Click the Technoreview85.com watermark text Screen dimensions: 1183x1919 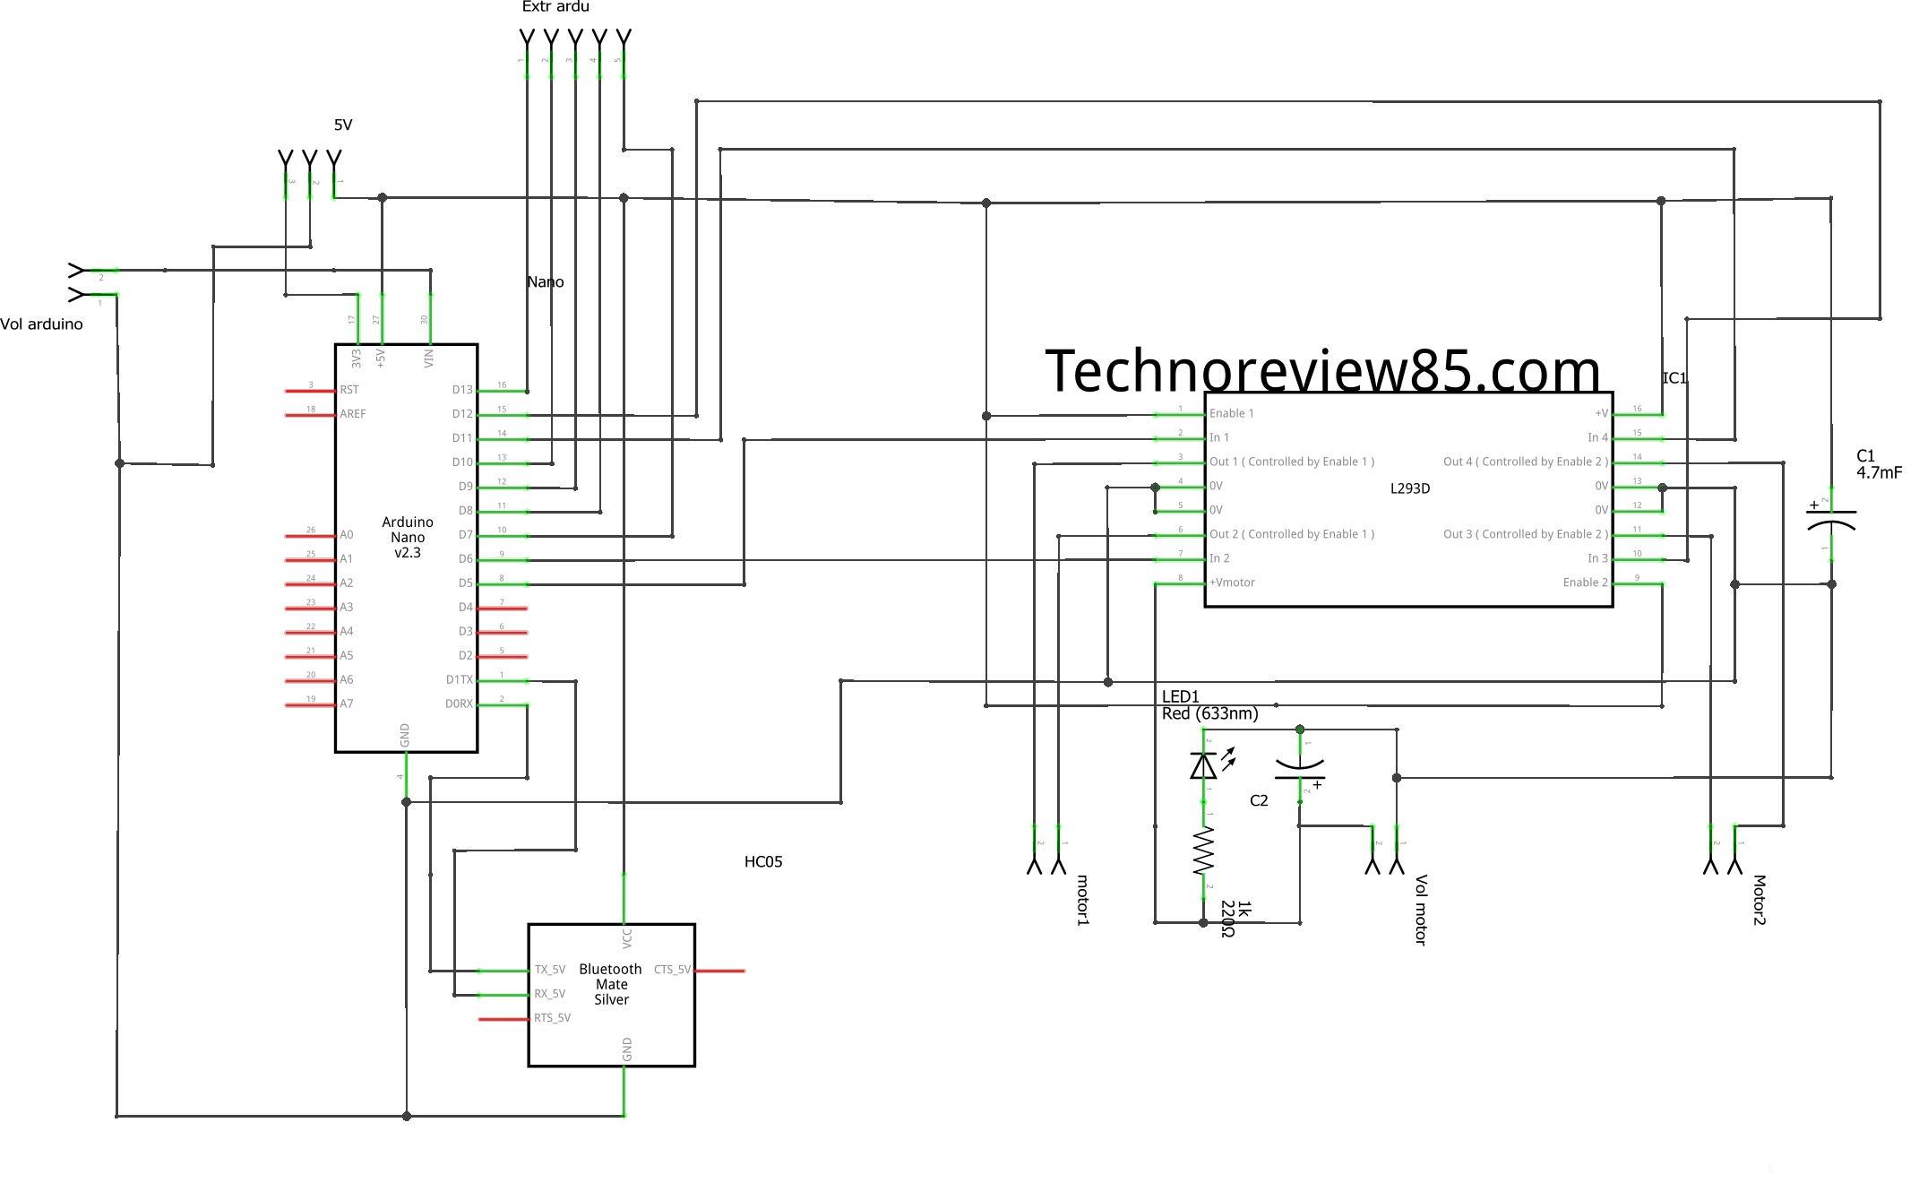(x=1322, y=371)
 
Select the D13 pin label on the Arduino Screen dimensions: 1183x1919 (x=462, y=390)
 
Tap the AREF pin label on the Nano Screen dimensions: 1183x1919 (x=353, y=414)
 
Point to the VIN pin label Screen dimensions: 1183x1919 (x=429, y=358)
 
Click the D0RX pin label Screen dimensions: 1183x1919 (x=459, y=704)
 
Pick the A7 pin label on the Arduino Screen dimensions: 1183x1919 (x=347, y=704)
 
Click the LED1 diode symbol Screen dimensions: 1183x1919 (x=1203, y=765)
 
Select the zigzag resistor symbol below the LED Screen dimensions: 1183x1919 (x=1203, y=851)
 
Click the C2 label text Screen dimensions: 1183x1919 (x=1259, y=800)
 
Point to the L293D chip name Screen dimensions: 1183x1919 (x=1410, y=488)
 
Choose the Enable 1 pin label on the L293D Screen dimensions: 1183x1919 (x=1232, y=413)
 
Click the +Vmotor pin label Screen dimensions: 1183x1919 (x=1233, y=583)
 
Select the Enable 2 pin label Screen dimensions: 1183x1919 (x=1585, y=583)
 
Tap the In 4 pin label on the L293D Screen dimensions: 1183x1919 (x=1597, y=437)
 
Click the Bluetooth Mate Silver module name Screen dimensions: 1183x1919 (x=611, y=984)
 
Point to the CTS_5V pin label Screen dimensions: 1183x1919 (x=672, y=970)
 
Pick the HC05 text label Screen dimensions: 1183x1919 (x=763, y=862)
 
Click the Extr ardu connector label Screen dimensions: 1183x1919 (x=555, y=7)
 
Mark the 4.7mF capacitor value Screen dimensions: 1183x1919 (x=1879, y=472)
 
